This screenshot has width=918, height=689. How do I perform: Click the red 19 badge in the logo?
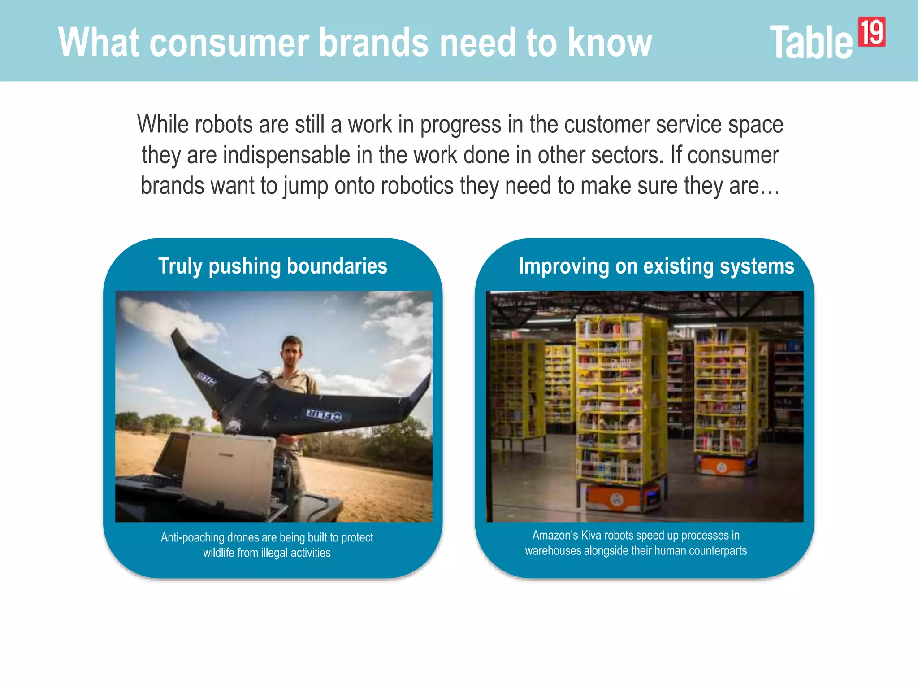click(871, 32)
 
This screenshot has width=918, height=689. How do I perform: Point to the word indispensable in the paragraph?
click(286, 155)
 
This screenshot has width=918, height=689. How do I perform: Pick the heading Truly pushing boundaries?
click(273, 266)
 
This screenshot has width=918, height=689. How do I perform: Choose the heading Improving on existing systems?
click(656, 266)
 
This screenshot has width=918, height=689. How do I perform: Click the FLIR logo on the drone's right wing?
click(324, 414)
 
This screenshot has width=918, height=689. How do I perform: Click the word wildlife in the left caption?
click(218, 553)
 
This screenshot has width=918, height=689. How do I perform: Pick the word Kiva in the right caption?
click(591, 535)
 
